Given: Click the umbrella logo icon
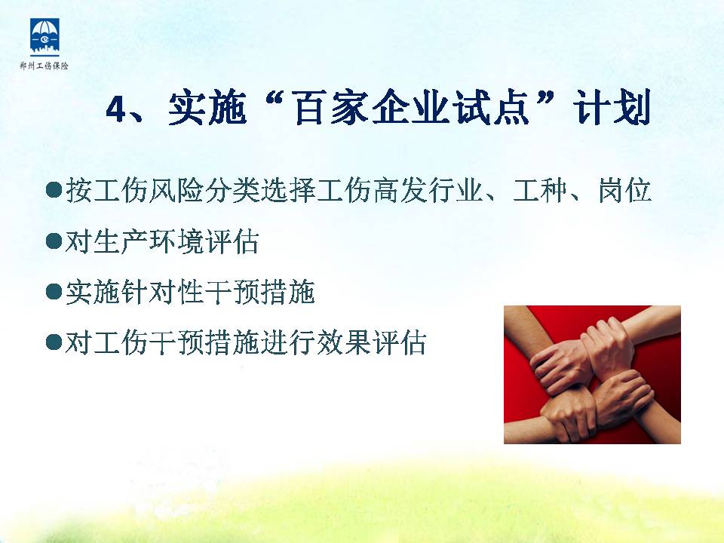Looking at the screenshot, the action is point(44,36).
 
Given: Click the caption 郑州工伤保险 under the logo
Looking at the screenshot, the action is point(44,66).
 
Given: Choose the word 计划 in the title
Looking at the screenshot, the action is point(612,108).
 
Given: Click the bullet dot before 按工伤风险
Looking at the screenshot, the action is point(54,190).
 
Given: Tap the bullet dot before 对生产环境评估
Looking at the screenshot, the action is point(54,241).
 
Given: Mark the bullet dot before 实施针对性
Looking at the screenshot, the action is point(54,292).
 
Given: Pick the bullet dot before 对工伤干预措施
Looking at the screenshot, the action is point(54,342).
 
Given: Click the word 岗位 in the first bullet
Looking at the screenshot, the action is point(624,190).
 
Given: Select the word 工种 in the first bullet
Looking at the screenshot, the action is point(540,190).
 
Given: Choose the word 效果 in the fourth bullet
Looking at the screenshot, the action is point(343,342).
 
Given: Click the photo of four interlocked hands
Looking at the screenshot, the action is point(592,375).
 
